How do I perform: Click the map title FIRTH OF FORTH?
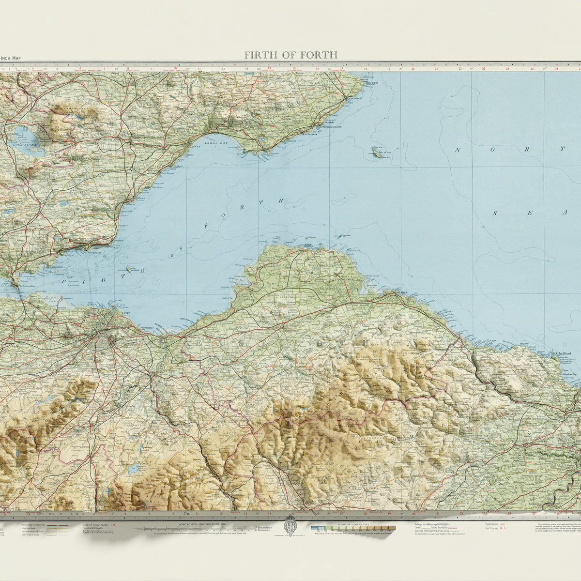coord(290,55)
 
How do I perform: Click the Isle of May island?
coord(376,153)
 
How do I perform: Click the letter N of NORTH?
coord(457,150)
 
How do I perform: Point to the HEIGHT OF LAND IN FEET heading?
coord(347,522)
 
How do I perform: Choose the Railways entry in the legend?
coord(421,524)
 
